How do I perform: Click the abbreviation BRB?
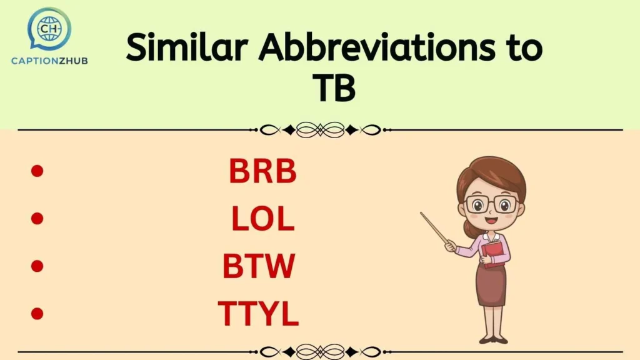point(262,171)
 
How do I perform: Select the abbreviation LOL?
point(262,218)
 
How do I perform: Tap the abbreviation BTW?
point(258,266)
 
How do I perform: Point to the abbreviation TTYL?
point(258,314)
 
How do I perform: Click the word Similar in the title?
point(187,47)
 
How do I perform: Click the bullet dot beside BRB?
point(37,171)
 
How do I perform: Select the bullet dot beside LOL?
point(37,218)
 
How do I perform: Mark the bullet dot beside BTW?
point(37,266)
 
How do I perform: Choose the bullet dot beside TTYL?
point(37,313)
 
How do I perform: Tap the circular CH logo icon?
point(49,28)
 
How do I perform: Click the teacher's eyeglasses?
point(491,204)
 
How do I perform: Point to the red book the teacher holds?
point(493,253)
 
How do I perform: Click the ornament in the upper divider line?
point(320,130)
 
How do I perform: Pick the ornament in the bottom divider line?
point(320,351)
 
